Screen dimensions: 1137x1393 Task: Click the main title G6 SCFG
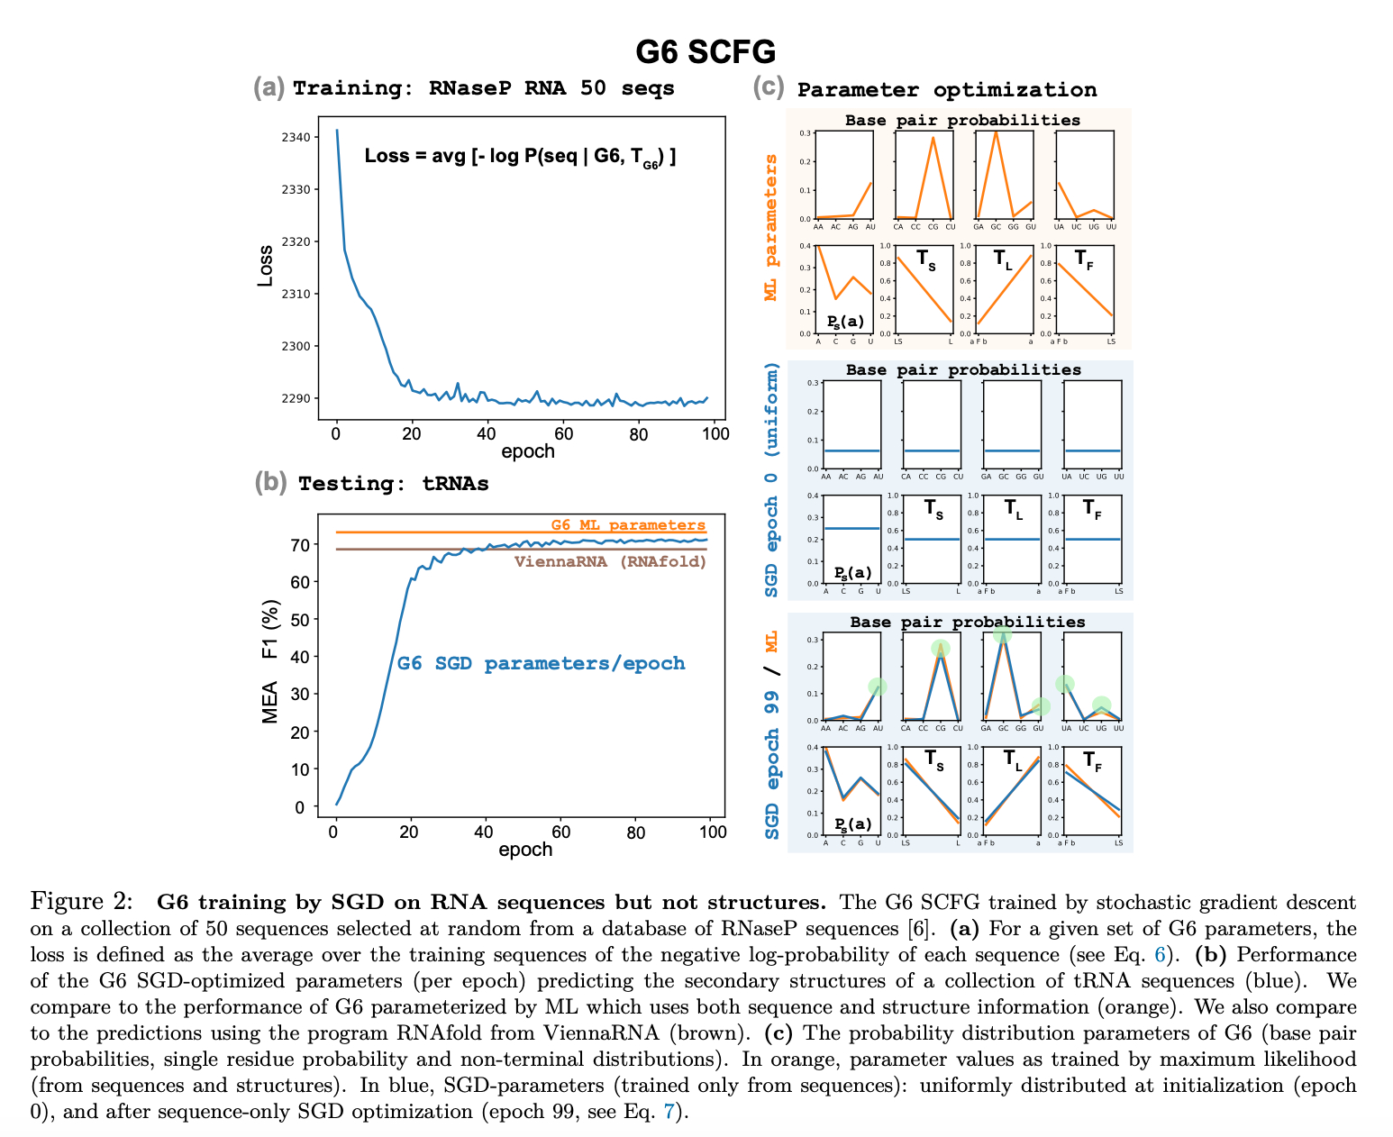click(x=705, y=52)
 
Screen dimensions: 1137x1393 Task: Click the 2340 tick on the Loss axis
click(x=296, y=138)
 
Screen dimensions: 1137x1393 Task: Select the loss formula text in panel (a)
click(x=520, y=157)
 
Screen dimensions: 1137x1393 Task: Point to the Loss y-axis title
click(x=265, y=266)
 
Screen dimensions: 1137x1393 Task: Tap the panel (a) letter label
click(x=269, y=87)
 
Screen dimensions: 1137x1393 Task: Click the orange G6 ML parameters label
click(x=628, y=525)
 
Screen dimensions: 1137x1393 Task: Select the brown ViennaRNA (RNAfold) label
click(x=610, y=562)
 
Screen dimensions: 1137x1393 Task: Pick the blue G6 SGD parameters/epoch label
click(x=541, y=664)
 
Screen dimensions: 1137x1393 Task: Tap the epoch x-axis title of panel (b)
click(x=525, y=850)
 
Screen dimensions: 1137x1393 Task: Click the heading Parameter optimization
click(x=947, y=90)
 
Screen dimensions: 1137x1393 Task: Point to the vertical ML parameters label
click(x=770, y=227)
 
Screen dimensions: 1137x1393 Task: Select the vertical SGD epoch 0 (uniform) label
click(x=771, y=479)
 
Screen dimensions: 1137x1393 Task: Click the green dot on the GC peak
click(x=1002, y=634)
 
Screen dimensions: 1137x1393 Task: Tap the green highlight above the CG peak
click(x=940, y=649)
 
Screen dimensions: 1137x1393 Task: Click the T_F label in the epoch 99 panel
click(x=1092, y=762)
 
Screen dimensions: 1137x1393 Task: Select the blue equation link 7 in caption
click(x=669, y=1111)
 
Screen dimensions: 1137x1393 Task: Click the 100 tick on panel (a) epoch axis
click(x=715, y=434)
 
